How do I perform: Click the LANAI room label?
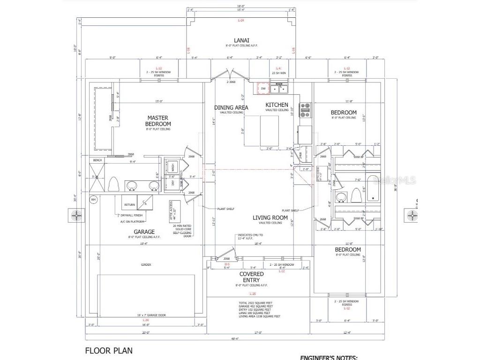[x=241, y=40]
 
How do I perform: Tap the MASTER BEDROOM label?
[x=158, y=121]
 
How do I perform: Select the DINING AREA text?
[x=231, y=107]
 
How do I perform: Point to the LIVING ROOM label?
[x=270, y=217]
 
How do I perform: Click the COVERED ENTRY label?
[x=252, y=277]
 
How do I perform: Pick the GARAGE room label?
[x=144, y=232]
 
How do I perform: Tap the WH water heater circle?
[x=93, y=200]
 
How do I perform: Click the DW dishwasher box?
[x=263, y=89]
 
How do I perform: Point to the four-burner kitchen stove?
[x=305, y=110]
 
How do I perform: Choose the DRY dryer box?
[x=172, y=183]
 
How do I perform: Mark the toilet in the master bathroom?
[x=113, y=184]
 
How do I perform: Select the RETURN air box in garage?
[x=129, y=205]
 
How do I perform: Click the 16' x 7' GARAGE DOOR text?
[x=146, y=315]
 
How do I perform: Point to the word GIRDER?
[x=146, y=264]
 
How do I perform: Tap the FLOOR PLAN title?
[x=109, y=350]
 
